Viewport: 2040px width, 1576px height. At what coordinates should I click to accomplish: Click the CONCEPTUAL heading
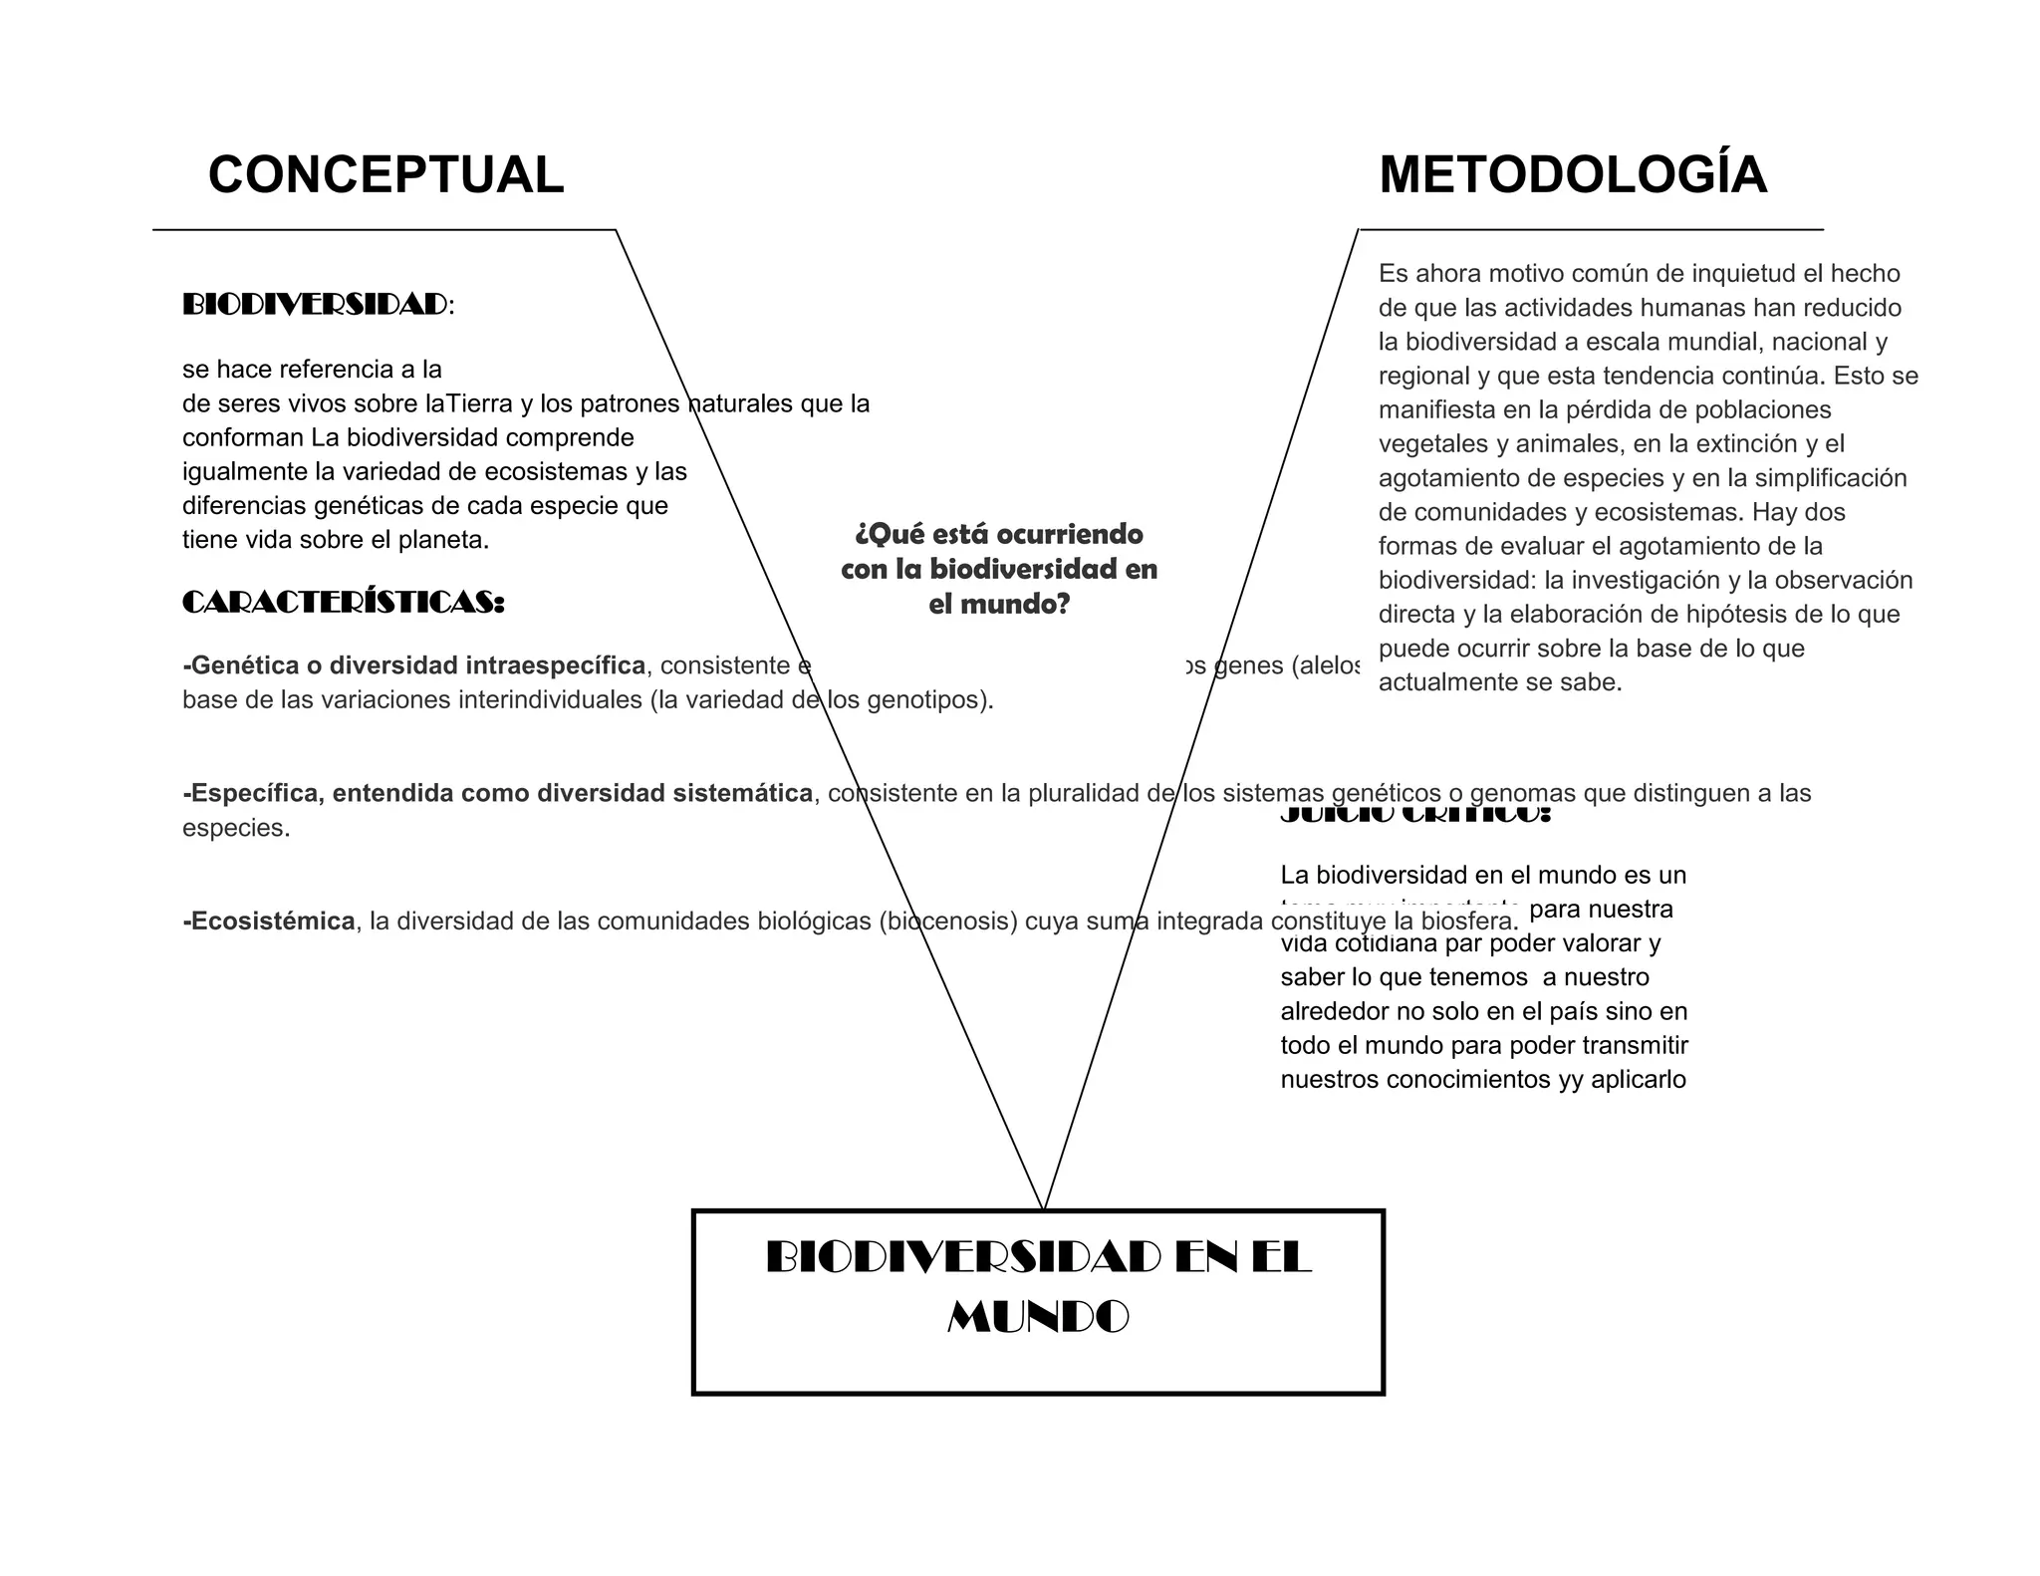click(x=385, y=175)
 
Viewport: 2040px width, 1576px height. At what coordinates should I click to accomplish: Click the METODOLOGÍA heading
click(x=1573, y=175)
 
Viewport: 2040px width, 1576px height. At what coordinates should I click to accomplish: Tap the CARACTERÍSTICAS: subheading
click(x=343, y=603)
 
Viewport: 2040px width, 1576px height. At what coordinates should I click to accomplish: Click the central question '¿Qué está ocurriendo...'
click(x=999, y=569)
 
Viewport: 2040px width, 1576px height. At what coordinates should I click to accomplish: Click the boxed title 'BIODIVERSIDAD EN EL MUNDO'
click(x=1038, y=1287)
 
